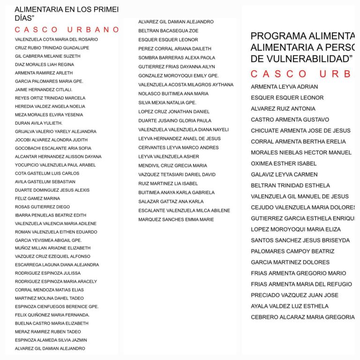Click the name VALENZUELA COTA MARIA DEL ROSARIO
[x=56, y=39]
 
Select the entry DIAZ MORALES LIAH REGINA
[x=44, y=65]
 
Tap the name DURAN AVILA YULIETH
[x=38, y=123]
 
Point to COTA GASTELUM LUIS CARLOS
[x=47, y=173]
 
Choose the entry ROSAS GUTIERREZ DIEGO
[x=42, y=207]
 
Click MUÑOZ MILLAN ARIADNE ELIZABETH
[x=52, y=248]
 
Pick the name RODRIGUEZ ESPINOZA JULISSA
[x=47, y=273]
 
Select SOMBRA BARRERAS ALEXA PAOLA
[x=177, y=58]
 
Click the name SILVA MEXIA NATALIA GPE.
[x=167, y=103]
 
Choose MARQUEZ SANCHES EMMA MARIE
[x=176, y=219]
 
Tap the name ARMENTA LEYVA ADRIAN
[x=284, y=87]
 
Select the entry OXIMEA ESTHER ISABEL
[x=284, y=164]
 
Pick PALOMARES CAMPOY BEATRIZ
[x=292, y=251]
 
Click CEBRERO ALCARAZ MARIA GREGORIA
[x=302, y=317]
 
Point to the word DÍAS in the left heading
[x=26, y=18]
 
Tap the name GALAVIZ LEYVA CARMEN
[x=284, y=174]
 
